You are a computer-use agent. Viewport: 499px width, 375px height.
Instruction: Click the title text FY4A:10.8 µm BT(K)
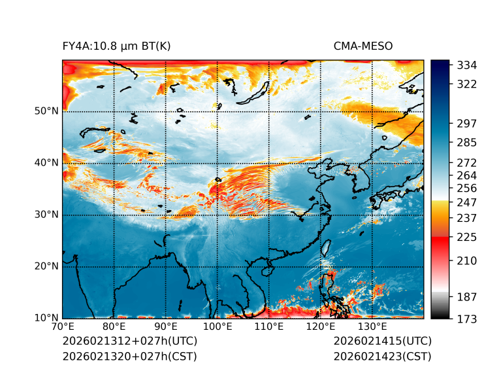click(116, 46)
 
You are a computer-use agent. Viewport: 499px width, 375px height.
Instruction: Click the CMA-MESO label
click(363, 46)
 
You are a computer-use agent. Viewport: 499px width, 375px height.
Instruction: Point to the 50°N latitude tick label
click(46, 111)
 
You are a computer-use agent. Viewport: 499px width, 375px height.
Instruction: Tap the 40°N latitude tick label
click(46, 163)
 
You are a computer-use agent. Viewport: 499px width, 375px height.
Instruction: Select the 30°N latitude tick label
click(46, 215)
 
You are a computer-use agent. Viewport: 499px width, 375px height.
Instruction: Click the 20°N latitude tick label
click(46, 266)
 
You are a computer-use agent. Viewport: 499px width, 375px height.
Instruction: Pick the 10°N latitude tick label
click(46, 318)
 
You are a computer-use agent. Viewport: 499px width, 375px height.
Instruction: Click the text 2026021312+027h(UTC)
click(129, 341)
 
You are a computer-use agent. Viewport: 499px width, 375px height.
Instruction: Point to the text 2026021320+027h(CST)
click(129, 356)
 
